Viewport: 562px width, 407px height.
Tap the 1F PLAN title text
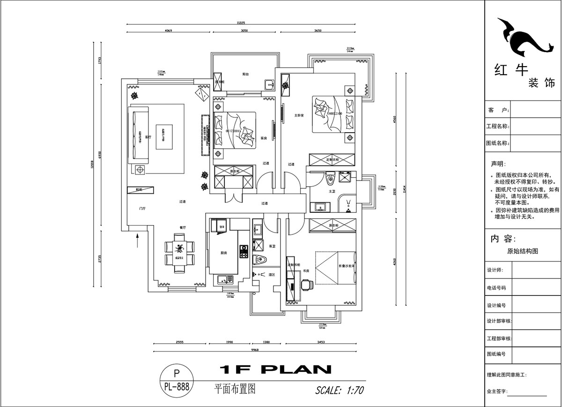click(275, 369)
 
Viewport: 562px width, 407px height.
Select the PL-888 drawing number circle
click(177, 380)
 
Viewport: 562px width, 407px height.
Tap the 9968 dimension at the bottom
click(255, 350)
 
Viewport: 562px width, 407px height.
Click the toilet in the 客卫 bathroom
click(259, 259)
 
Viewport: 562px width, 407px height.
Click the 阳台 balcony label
click(245, 74)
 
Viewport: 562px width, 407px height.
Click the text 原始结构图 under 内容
click(522, 251)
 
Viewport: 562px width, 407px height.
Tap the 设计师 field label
click(495, 270)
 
